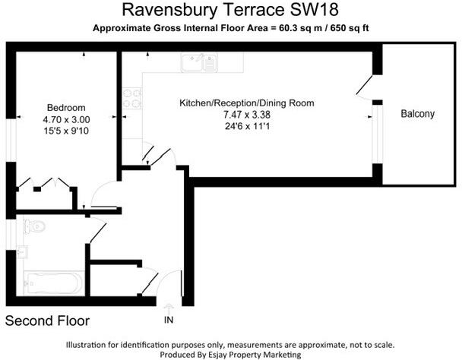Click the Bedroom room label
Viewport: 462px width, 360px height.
click(x=66, y=107)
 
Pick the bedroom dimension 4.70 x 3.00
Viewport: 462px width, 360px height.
click(x=66, y=119)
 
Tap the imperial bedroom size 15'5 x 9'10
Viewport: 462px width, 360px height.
click(x=66, y=131)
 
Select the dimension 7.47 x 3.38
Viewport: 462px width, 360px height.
click(x=246, y=115)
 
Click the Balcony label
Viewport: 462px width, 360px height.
click(x=418, y=114)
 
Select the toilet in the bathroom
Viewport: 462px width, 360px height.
click(x=34, y=226)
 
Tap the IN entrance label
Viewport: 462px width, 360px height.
click(x=169, y=318)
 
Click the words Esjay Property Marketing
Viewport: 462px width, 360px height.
click(x=259, y=354)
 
